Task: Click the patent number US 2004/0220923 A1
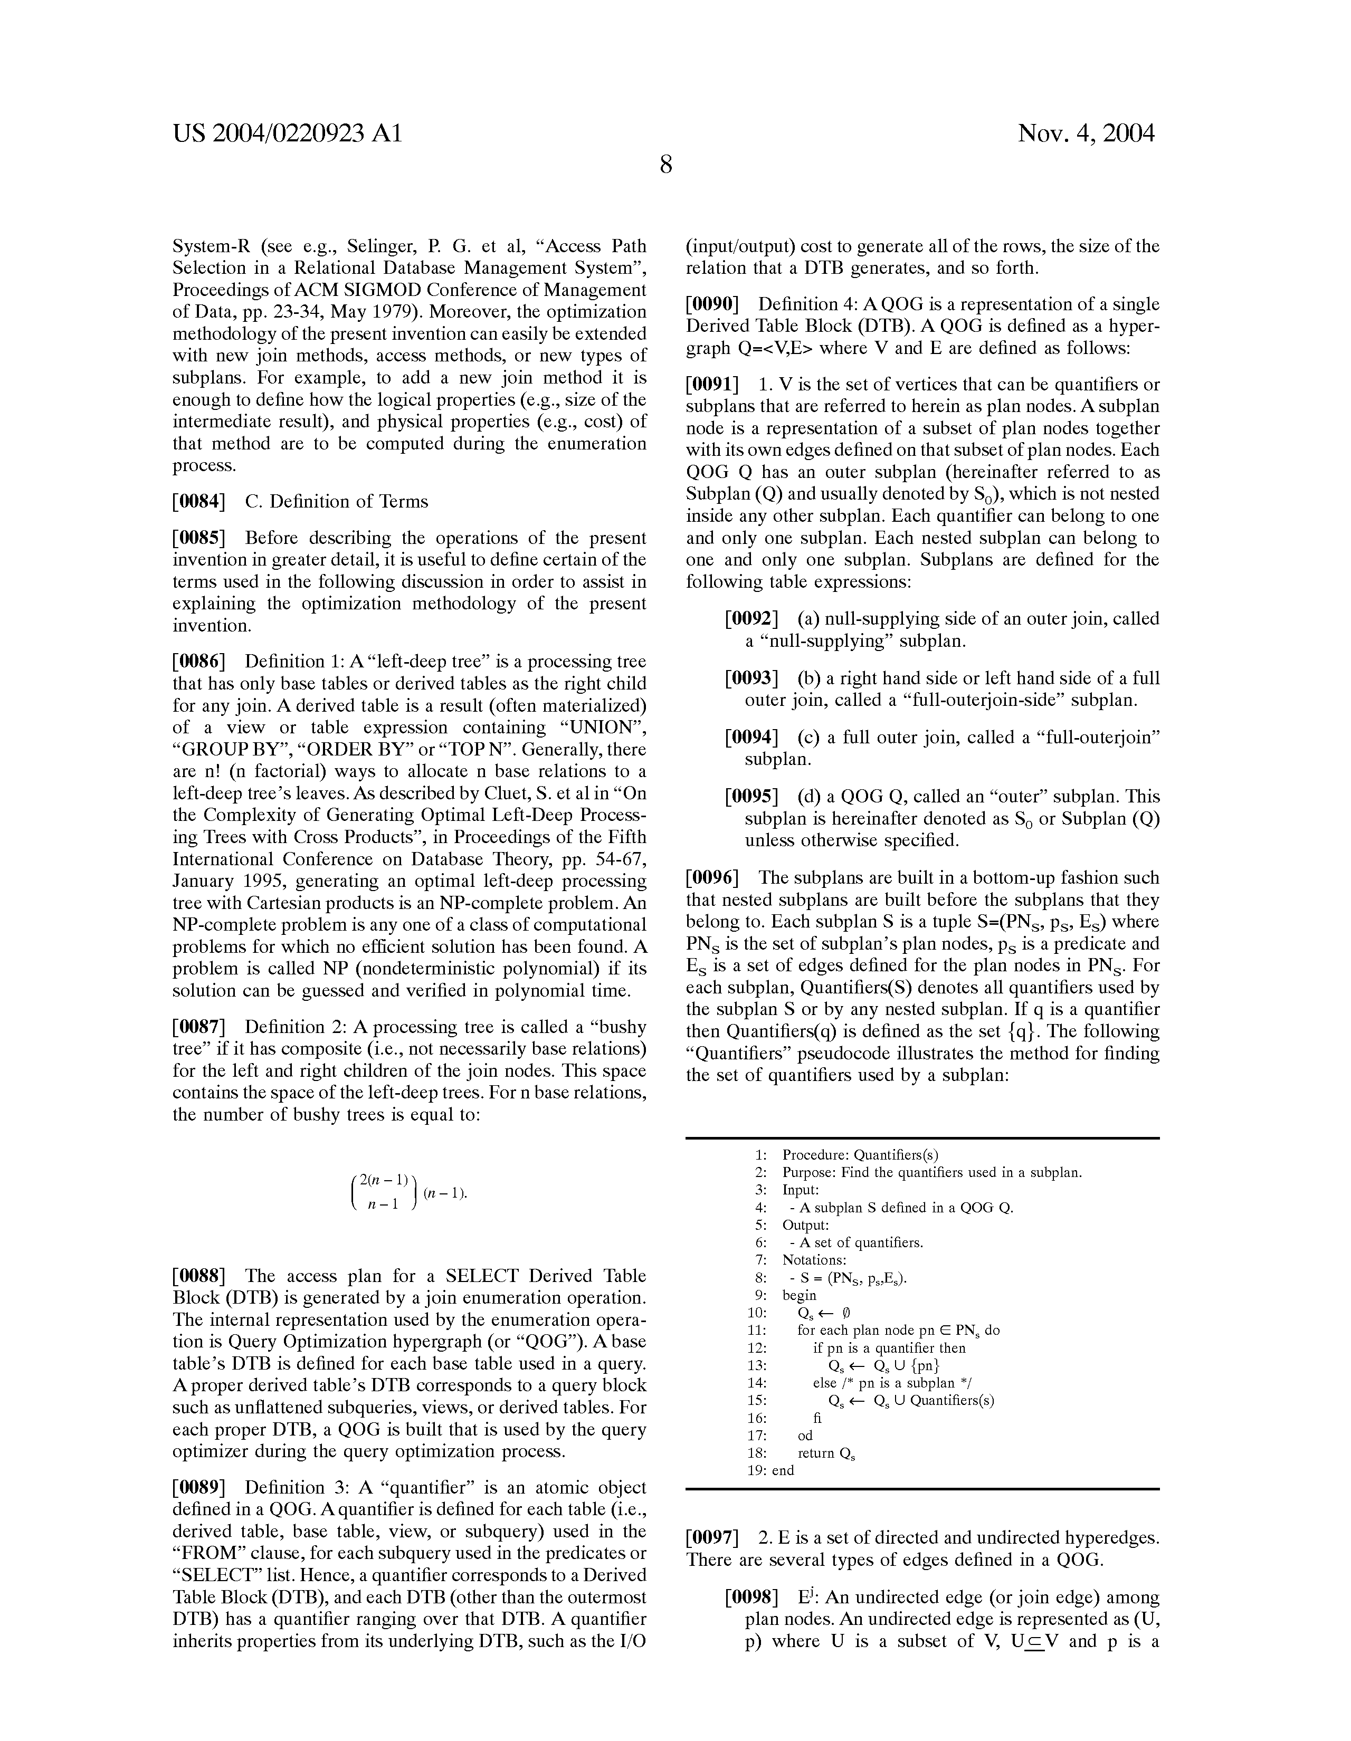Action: [x=287, y=133]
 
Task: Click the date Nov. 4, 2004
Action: [x=1086, y=133]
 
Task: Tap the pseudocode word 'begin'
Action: [x=799, y=1295]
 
